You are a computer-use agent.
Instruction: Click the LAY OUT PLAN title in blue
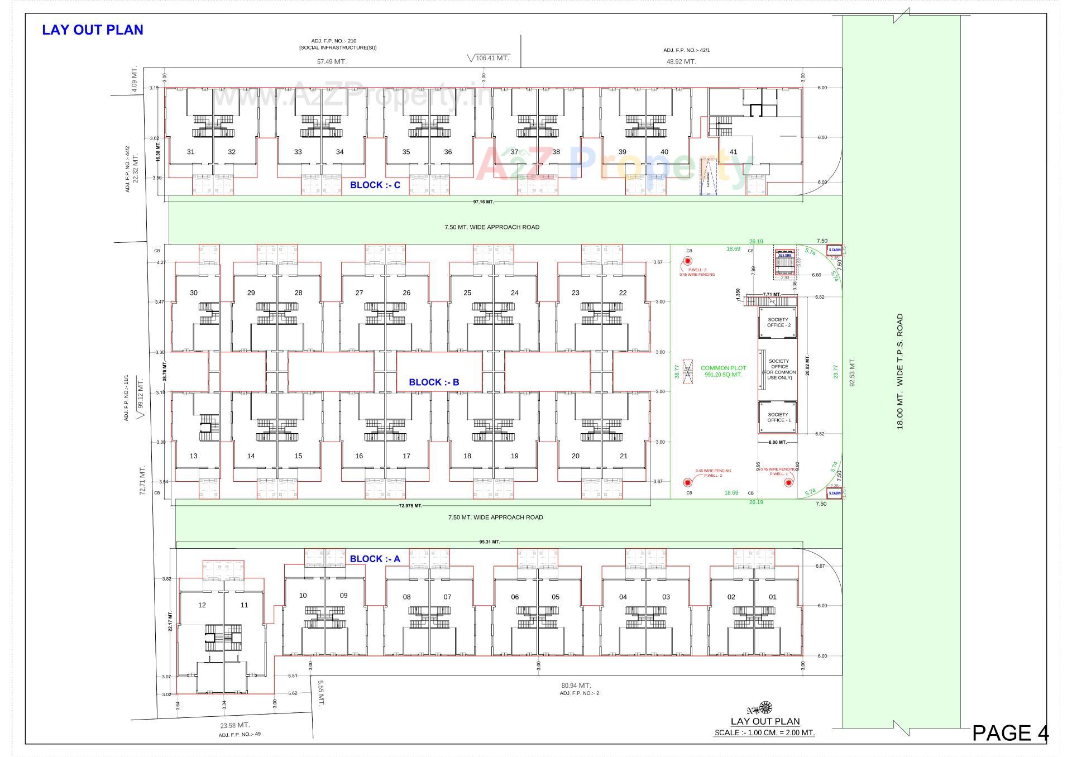tap(93, 30)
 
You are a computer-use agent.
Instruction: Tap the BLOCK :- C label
tap(375, 185)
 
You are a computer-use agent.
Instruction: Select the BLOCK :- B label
tap(434, 382)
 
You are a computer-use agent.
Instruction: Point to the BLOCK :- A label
tap(375, 559)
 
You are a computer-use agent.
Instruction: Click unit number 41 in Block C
tap(733, 152)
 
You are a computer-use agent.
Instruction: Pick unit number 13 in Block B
tap(193, 456)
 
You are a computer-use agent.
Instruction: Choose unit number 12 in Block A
tap(202, 605)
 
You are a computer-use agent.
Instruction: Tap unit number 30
tap(193, 293)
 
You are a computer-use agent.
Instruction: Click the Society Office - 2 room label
tap(778, 323)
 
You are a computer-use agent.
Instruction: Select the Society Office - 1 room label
tap(778, 418)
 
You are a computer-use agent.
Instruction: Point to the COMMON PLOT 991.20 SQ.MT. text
tap(723, 371)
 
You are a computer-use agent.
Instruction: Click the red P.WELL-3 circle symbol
tap(688, 261)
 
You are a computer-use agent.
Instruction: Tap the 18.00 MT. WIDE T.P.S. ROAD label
tap(899, 371)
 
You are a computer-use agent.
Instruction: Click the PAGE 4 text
tap(1010, 733)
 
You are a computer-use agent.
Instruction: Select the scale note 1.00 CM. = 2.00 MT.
tap(764, 733)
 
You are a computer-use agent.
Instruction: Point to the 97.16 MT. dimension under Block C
tap(483, 202)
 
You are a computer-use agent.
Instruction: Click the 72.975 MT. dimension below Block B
tap(410, 506)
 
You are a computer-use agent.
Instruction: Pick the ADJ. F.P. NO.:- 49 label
tap(240, 735)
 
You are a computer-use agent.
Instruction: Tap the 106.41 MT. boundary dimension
tap(492, 58)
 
